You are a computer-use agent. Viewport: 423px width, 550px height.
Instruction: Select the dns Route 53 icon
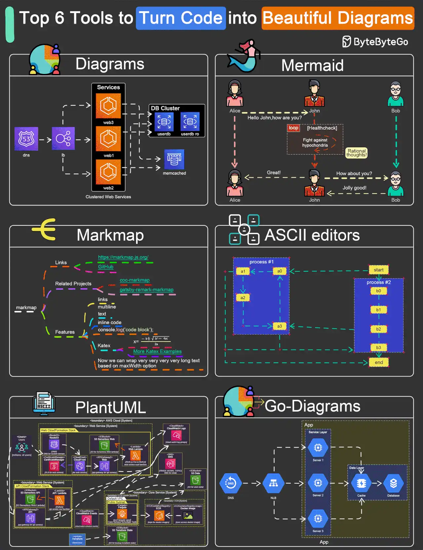[26, 139]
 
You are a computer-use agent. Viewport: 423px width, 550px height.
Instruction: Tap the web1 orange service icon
[108, 139]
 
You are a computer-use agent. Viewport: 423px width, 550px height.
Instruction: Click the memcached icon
[174, 159]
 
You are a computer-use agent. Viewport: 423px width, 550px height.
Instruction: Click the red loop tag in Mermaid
[293, 128]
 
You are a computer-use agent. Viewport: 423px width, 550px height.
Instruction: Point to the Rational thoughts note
[357, 153]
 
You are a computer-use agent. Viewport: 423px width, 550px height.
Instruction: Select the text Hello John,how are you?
[274, 118]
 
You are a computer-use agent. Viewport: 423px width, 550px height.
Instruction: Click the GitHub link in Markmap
[106, 267]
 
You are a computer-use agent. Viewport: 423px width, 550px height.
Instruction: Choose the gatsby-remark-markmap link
[146, 290]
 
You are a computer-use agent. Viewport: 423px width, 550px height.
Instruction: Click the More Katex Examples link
[157, 351]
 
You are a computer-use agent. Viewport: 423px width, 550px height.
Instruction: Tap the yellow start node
[378, 270]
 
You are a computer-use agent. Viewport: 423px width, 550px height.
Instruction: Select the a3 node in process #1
[280, 326]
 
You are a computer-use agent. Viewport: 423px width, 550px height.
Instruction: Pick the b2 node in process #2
[378, 329]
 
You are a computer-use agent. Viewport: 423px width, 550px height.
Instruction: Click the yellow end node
[379, 362]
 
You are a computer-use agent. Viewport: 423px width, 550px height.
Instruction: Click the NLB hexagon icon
[273, 483]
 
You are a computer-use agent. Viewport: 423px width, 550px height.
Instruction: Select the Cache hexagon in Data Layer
[361, 483]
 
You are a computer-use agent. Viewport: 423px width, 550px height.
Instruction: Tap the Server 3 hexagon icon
[318, 518]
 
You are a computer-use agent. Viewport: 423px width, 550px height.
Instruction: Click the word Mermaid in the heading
[312, 65]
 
